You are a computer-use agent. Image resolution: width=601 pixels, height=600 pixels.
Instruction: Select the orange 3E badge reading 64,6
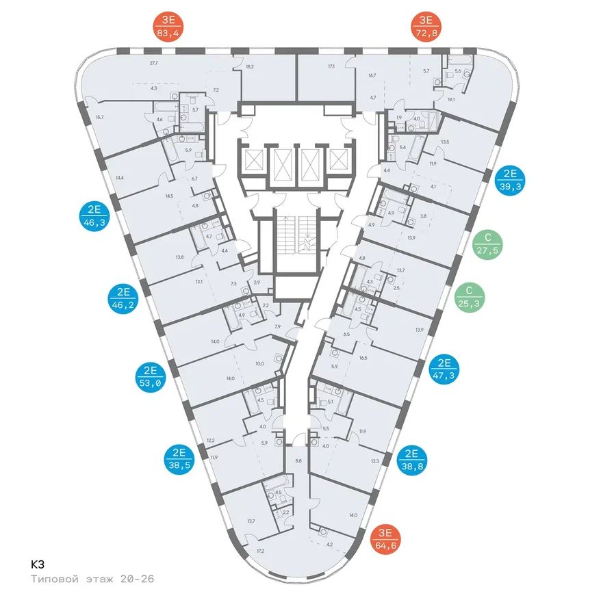387,540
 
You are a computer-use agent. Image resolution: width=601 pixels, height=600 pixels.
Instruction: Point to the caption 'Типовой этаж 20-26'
92,579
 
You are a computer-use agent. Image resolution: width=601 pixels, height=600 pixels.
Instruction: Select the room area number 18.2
250,67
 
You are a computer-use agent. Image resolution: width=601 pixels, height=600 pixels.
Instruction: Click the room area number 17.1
331,67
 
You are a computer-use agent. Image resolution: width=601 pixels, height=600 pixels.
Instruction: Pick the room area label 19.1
451,99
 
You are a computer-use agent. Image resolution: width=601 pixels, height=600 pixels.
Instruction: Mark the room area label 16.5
363,357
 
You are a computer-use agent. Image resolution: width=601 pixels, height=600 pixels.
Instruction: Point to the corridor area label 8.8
298,460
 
